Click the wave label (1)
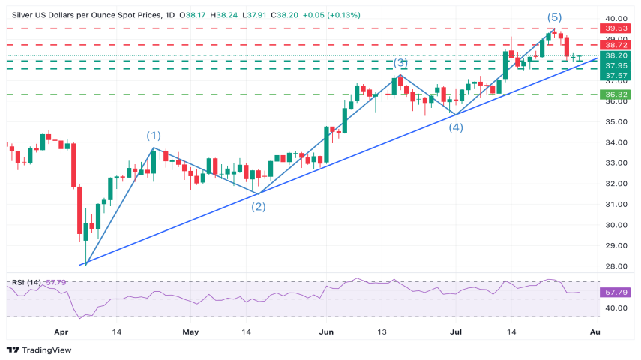point(153,136)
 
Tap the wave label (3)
point(400,64)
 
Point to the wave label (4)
point(456,127)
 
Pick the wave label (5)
point(554,16)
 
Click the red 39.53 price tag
point(616,28)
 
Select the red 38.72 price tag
point(616,45)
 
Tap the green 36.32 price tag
point(616,94)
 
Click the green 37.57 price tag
point(616,75)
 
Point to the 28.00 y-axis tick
point(616,266)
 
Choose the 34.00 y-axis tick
point(616,142)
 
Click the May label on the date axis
point(191,331)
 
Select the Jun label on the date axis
point(325,331)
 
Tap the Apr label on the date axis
point(61,331)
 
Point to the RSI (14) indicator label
point(27,282)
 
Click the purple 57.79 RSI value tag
point(616,290)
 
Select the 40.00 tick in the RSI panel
point(616,307)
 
